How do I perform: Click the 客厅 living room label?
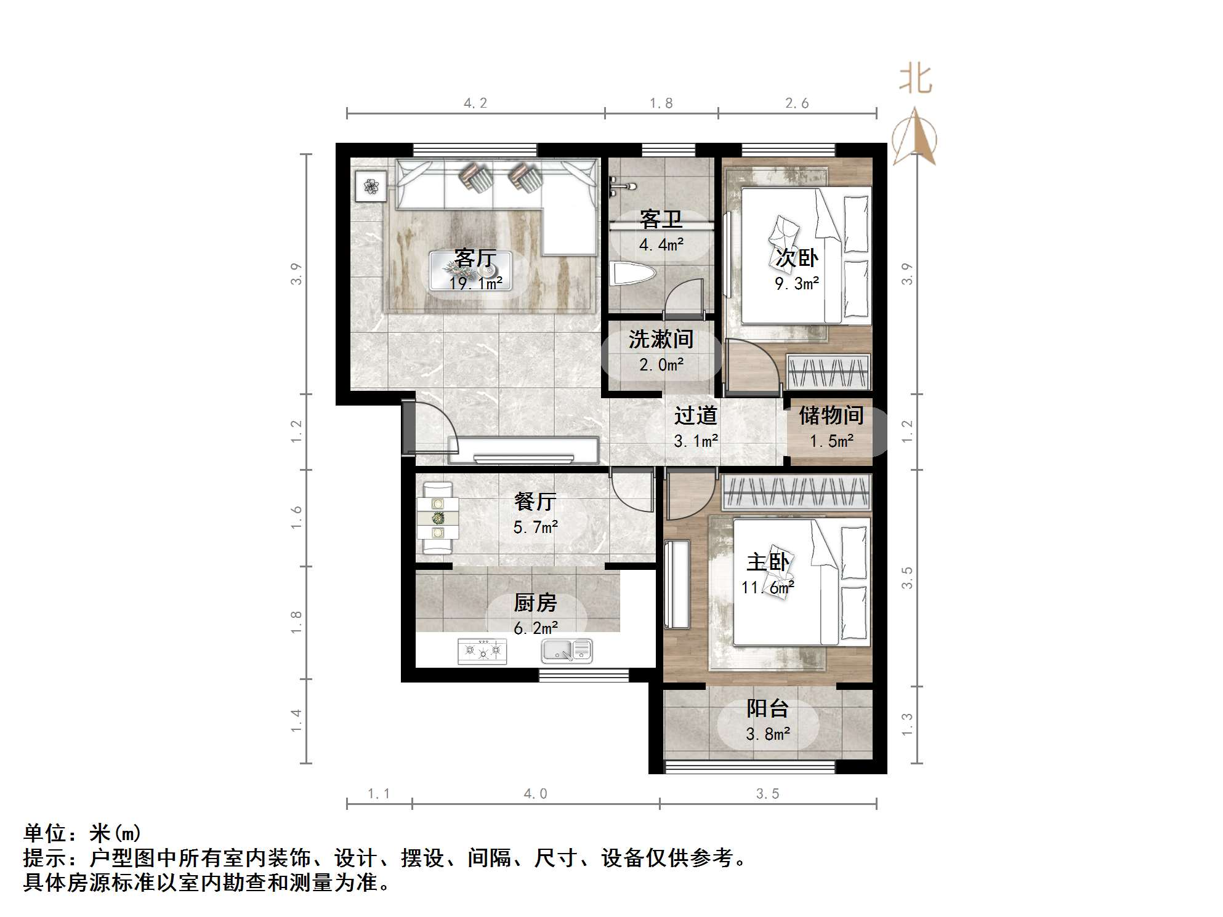click(x=475, y=258)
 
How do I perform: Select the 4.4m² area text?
click(x=661, y=245)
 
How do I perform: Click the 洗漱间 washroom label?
click(x=661, y=339)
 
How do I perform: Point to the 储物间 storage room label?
click(x=831, y=415)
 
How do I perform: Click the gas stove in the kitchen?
click(x=482, y=651)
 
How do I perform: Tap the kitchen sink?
click(x=567, y=651)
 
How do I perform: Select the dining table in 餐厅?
click(x=438, y=518)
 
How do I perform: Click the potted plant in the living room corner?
click(x=371, y=186)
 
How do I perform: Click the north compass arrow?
click(x=915, y=137)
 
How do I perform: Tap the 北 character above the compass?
click(x=915, y=79)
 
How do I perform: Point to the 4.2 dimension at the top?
click(x=475, y=103)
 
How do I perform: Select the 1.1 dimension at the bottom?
click(x=379, y=794)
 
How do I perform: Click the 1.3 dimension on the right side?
click(x=907, y=724)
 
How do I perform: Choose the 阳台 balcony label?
click(x=767, y=709)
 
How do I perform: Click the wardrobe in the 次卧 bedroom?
click(x=829, y=372)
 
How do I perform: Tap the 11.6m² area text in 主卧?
click(x=767, y=588)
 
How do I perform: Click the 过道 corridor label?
click(x=695, y=416)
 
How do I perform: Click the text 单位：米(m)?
click(x=83, y=833)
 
